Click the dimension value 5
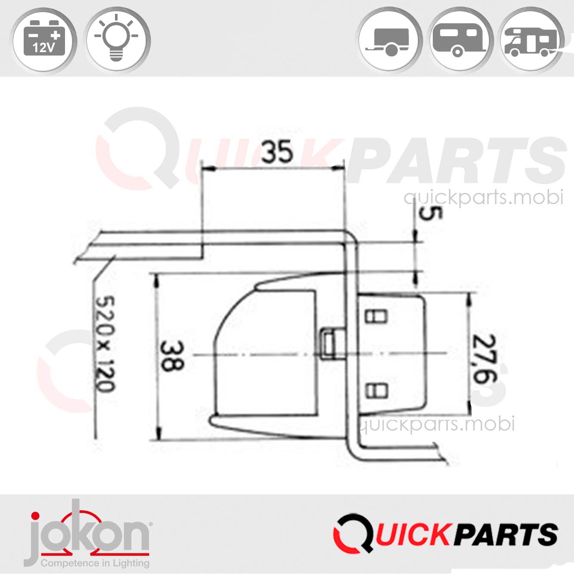click(x=425, y=214)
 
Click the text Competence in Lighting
click(x=95, y=563)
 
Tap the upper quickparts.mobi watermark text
click(x=483, y=198)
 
